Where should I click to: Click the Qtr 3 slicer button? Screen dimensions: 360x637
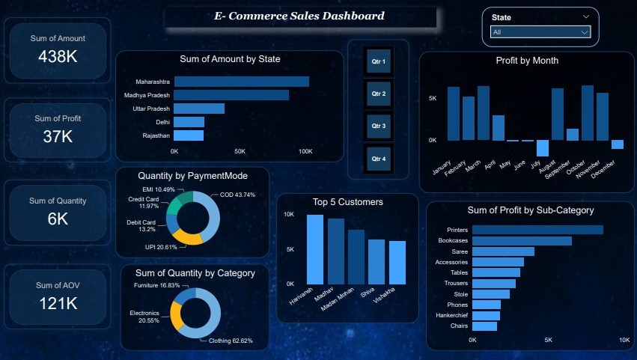pos(378,126)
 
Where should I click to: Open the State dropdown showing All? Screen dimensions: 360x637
pos(540,32)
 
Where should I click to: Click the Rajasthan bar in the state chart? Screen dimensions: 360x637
pos(189,135)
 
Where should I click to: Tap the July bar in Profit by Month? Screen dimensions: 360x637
pos(542,147)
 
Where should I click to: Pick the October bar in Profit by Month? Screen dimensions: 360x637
pos(587,113)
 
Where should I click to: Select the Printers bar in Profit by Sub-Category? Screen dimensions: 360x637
pos(537,230)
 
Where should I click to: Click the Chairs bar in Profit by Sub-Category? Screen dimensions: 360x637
pos(484,326)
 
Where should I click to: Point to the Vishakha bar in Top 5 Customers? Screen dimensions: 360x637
pos(397,262)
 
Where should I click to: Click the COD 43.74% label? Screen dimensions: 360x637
pos(237,195)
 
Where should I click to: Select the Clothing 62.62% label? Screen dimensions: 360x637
pos(231,341)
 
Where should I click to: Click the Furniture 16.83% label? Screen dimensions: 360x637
pos(157,286)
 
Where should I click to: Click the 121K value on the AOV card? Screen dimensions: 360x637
pos(59,303)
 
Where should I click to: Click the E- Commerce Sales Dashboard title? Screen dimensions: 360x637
pos(299,16)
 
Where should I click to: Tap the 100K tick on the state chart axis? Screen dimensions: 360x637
pos(305,151)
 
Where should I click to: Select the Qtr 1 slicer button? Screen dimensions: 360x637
pos(378,61)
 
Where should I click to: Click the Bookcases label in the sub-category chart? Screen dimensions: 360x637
pos(452,241)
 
